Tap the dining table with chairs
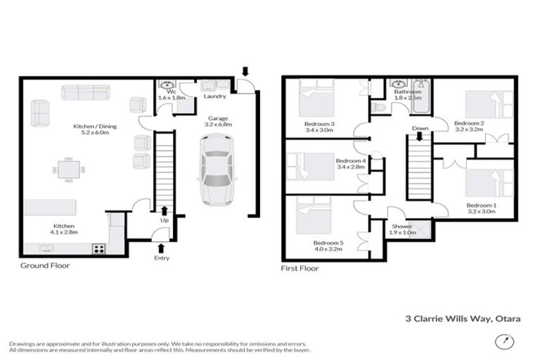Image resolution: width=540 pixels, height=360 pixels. [69, 169]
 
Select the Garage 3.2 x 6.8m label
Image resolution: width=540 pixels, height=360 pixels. [217, 120]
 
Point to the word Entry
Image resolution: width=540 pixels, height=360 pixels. [162, 258]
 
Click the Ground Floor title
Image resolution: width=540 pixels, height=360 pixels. [44, 266]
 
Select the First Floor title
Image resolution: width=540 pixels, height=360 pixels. [300, 268]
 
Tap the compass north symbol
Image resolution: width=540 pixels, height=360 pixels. [502, 341]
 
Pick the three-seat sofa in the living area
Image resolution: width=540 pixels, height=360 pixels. [85, 93]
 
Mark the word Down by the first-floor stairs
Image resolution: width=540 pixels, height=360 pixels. [420, 129]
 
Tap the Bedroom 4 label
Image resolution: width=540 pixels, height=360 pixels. [351, 164]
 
